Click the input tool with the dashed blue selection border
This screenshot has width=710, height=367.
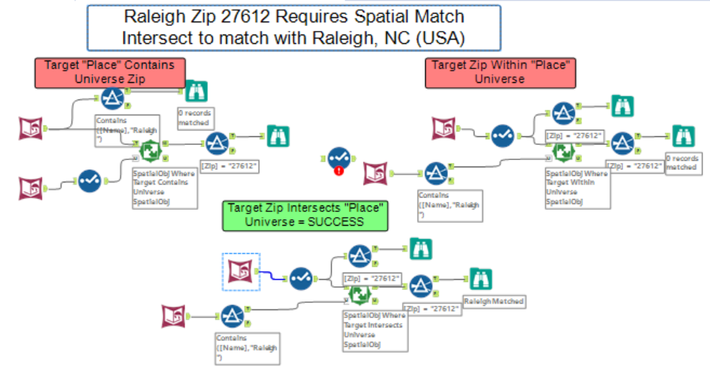[x=241, y=271]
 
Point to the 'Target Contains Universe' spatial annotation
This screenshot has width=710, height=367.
[x=164, y=187]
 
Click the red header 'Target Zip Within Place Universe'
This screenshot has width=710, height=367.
[x=502, y=72]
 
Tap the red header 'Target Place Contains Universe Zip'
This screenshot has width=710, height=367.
[x=109, y=72]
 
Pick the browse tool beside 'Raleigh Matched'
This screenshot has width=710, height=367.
[x=480, y=278]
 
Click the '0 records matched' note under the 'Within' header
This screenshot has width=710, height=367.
[x=682, y=162]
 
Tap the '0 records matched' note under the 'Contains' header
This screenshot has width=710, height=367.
[x=194, y=118]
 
